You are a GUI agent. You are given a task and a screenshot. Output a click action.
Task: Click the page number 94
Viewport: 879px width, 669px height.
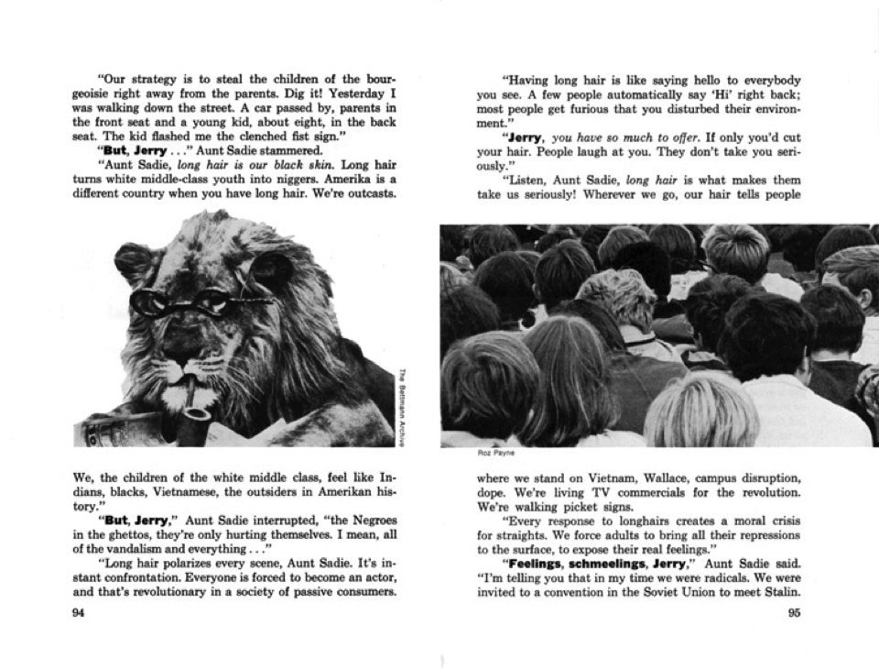[x=79, y=613]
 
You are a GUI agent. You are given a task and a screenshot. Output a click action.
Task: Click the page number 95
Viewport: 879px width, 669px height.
[x=794, y=613]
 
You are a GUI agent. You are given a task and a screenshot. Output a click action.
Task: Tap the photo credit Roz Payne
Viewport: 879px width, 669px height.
[x=492, y=452]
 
